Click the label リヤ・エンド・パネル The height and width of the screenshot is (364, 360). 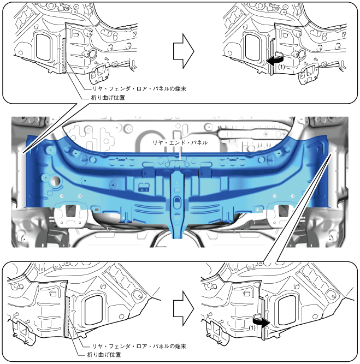point(180,142)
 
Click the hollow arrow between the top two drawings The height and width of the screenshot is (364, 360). point(184,51)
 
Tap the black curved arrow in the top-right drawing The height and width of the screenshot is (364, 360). point(276,59)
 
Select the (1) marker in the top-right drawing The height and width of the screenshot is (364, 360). point(281,67)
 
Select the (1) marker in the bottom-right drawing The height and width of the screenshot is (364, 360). point(252,328)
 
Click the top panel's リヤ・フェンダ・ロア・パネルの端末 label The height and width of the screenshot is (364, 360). point(139,88)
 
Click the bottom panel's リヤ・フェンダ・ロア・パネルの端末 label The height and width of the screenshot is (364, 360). point(139,347)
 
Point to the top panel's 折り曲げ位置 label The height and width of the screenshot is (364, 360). point(108,98)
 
